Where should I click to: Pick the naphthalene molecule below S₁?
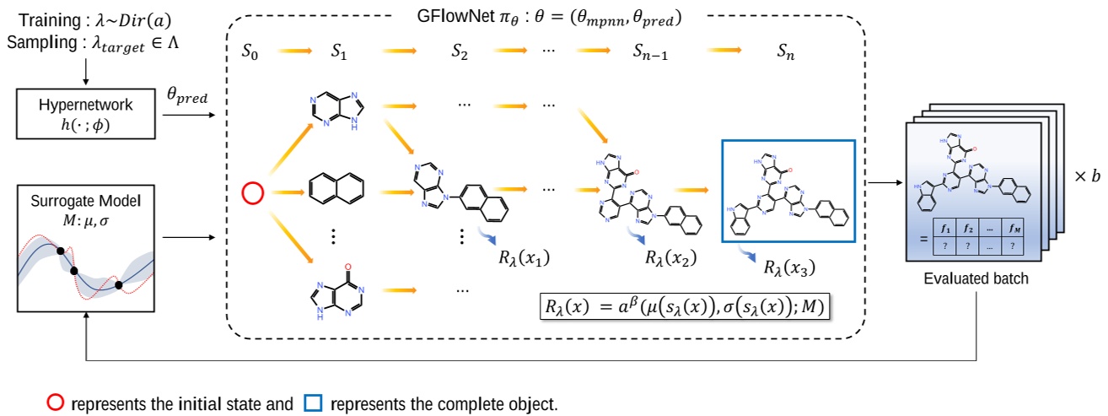332,187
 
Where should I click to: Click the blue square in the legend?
312,403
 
